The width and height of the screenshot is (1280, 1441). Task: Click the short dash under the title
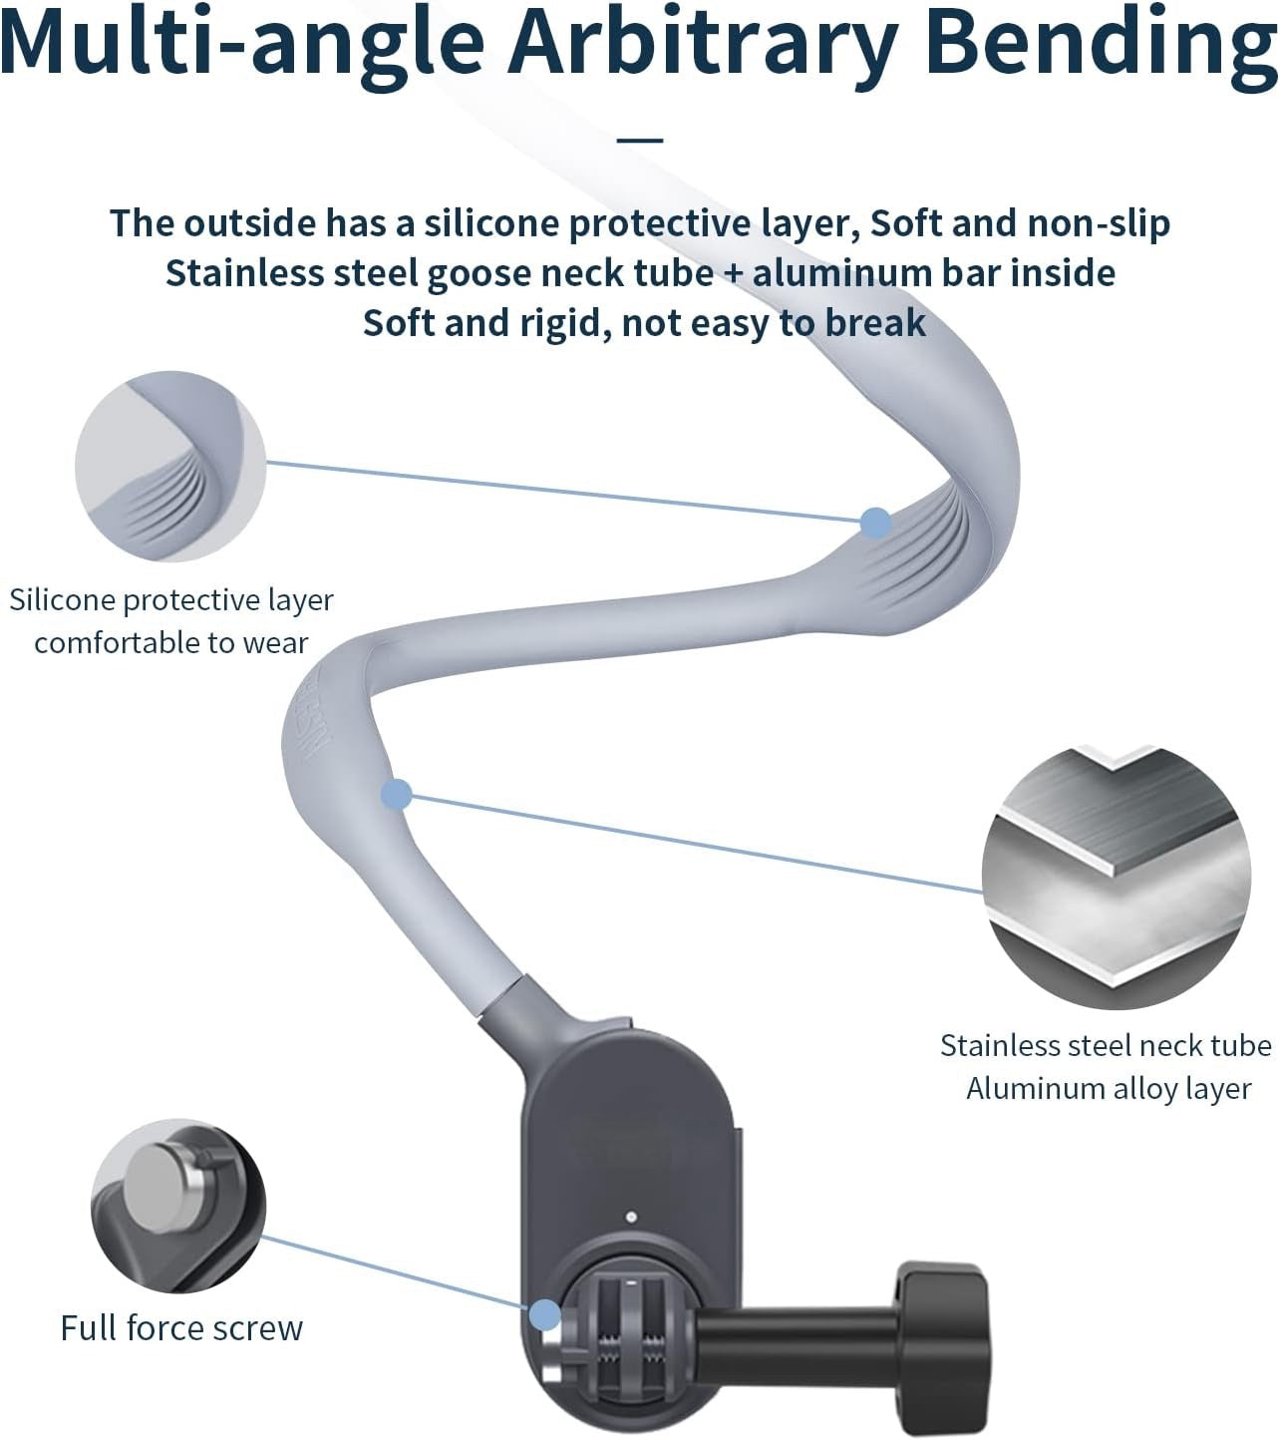pos(640,138)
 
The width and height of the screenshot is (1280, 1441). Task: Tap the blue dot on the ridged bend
pos(875,522)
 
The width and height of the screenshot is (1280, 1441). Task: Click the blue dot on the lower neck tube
pos(397,794)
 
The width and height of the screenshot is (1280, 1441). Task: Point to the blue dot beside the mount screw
pos(544,1314)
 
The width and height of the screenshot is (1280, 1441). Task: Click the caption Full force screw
pos(181,1328)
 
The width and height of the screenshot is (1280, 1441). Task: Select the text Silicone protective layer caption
pos(170,600)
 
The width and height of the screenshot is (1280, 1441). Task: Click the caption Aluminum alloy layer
pos(1109,1088)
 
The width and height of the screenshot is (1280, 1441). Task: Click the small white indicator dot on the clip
pos(629,1217)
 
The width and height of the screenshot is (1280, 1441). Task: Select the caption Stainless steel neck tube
pos(1106,1045)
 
